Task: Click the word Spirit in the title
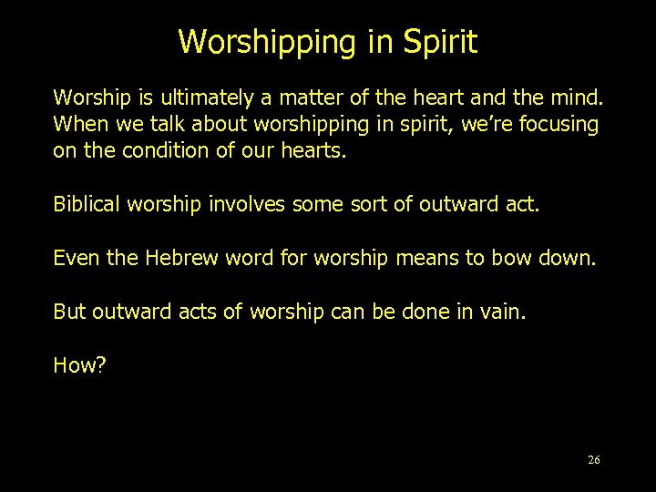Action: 435,42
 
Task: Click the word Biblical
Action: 87,204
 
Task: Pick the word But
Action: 68,312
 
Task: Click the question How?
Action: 80,365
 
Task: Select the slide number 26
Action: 594,459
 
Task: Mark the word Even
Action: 74,258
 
